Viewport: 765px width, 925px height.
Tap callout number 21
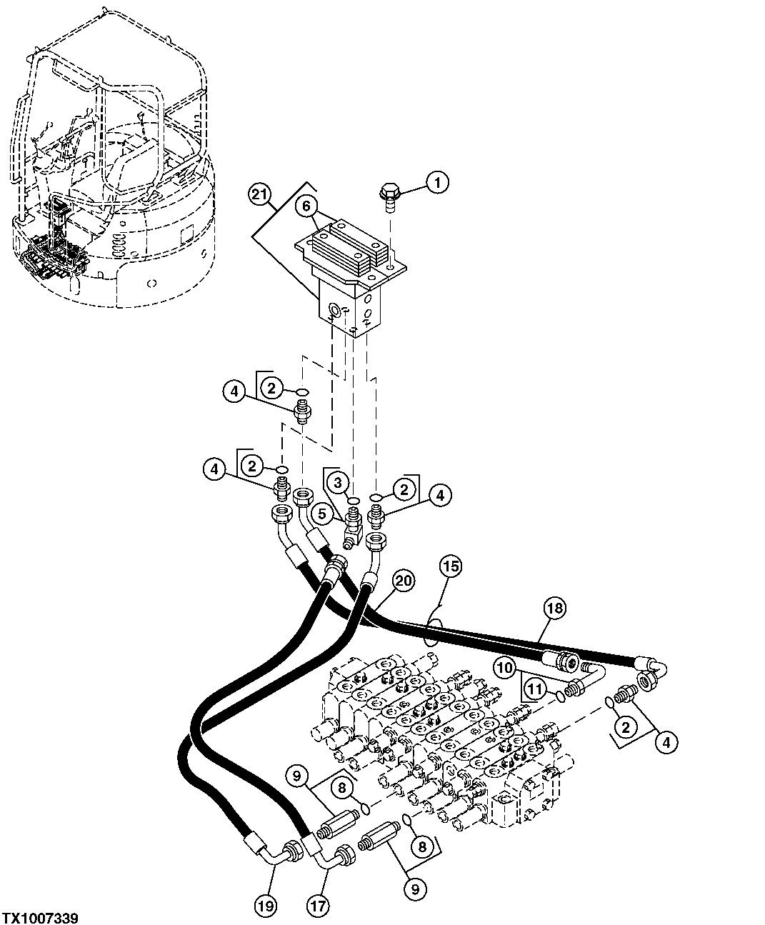261,194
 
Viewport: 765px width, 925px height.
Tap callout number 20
403,581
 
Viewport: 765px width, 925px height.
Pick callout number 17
318,906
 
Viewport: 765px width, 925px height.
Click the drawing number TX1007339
40,917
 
